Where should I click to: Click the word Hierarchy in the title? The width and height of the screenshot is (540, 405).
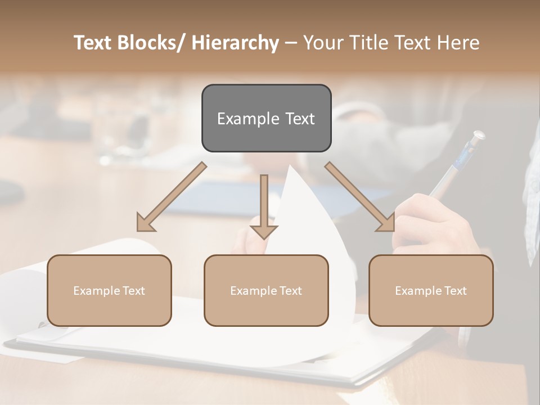(x=235, y=43)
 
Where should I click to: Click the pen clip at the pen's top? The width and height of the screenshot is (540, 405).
(x=477, y=136)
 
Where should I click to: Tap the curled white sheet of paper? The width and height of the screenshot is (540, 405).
(x=315, y=214)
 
